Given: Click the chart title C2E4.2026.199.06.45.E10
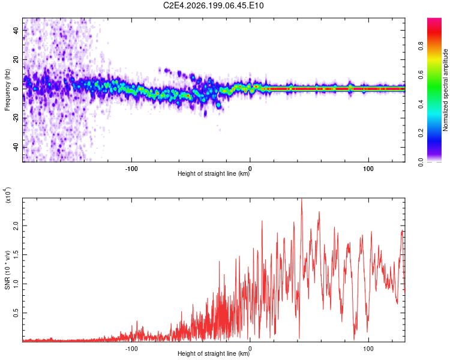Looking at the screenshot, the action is tap(213, 5).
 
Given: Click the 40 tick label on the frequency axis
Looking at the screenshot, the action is tap(16, 30).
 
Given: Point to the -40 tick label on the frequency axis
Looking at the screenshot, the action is tap(16, 148).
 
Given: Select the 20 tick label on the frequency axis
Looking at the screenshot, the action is tap(16, 59).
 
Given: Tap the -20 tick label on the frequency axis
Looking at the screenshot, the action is tap(16, 118).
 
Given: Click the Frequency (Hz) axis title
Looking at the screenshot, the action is tap(7, 90).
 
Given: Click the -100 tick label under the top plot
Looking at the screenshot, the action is tap(131, 169).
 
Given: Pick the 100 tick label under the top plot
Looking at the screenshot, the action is tap(368, 169).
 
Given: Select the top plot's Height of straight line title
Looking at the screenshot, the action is tap(214, 173).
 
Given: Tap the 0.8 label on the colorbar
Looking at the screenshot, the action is tap(421, 46).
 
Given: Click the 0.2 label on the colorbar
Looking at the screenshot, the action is tap(421, 133).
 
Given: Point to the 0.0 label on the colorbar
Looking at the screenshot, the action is tap(421, 162).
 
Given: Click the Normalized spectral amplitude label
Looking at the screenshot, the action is tap(445, 90).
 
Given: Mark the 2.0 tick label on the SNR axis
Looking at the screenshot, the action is tap(16, 226).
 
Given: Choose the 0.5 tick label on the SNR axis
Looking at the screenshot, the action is tap(16, 313).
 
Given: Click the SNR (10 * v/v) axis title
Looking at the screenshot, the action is tap(7, 270).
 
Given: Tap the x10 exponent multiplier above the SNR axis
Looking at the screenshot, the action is tap(7, 194).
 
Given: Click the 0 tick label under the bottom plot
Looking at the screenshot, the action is tap(250, 349).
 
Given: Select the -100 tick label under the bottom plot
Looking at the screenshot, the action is tap(131, 349).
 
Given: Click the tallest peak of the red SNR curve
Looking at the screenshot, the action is tap(301, 199).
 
